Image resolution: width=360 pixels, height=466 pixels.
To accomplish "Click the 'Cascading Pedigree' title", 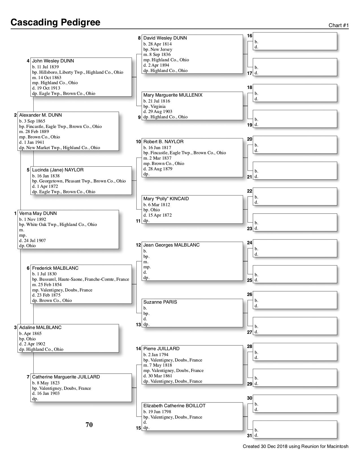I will coord(55,22).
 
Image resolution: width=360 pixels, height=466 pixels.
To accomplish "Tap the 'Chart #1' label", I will coord(339,25).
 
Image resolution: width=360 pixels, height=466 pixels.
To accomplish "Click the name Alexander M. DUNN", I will coord(40,115).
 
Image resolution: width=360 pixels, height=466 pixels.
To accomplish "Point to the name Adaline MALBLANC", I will coord(40,328).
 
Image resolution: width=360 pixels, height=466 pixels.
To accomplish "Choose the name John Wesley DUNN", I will coord(53,61).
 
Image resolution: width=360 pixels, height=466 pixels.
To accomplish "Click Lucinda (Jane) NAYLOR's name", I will coord(58,170).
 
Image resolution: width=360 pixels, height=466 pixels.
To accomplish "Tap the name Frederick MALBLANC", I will coord(55,268).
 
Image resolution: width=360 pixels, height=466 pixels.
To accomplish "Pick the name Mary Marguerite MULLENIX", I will coord(173,95).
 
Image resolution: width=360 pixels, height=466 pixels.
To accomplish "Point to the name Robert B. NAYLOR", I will coord(163,142).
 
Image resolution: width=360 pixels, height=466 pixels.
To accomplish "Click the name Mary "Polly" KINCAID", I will coord(166,199).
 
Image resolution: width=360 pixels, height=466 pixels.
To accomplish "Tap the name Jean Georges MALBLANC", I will coord(171,245).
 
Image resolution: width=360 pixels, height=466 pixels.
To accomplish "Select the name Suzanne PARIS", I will coord(160,302).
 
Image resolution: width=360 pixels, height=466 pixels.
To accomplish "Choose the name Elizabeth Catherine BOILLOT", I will coord(174,406).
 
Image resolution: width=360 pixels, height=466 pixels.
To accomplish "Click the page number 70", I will coord(89,425).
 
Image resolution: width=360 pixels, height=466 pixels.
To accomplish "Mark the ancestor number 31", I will coord(249,436).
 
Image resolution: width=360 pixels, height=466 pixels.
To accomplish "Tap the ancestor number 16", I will coord(249,36).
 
